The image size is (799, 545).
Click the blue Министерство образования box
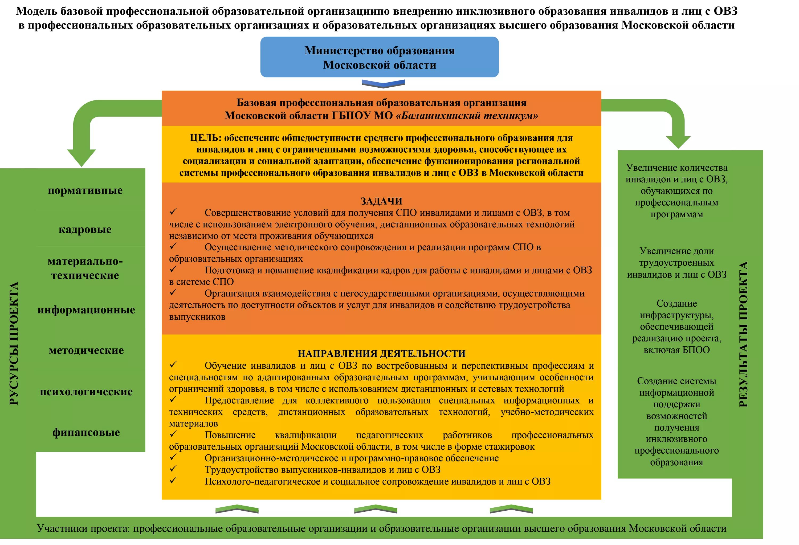379,57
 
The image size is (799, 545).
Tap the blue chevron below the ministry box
383,84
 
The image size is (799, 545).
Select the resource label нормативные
85,190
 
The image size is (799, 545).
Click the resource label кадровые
85,229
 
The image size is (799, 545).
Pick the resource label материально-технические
85,268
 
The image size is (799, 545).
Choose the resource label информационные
86,310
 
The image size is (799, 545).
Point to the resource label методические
86,350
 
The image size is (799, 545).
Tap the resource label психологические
86,392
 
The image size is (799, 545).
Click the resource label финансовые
86,432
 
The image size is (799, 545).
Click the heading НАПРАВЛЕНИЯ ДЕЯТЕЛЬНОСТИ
381,353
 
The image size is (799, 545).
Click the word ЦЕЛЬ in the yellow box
205,138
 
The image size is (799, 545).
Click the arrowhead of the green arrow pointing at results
678,142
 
